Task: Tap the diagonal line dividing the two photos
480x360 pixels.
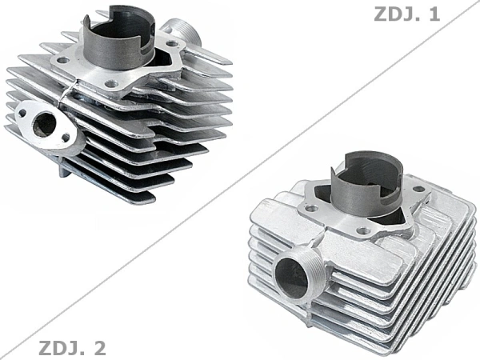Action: (240, 180)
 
